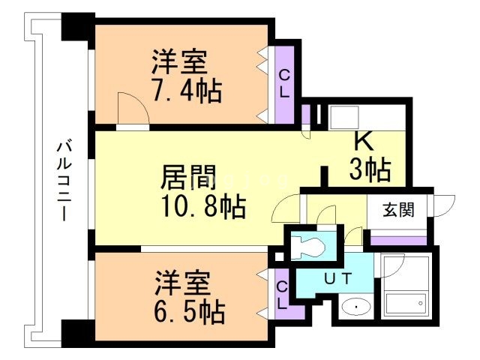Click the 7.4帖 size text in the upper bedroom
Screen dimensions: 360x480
[187, 91]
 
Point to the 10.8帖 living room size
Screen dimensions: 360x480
[202, 206]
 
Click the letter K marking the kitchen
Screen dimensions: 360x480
[363, 142]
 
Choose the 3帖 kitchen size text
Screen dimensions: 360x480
[370, 169]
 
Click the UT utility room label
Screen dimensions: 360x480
[338, 279]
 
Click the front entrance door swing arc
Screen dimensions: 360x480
[445, 205]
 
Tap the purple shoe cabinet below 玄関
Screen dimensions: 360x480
[399, 239]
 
